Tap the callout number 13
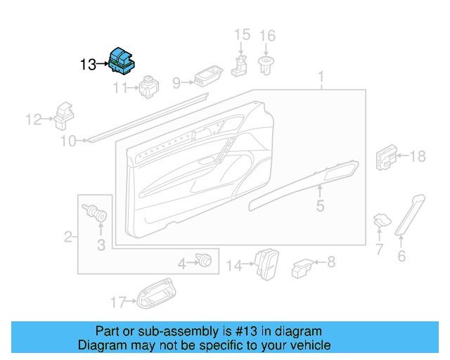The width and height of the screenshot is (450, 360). [x=88, y=65]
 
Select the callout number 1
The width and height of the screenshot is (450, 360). [x=321, y=75]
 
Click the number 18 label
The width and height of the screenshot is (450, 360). [x=418, y=156]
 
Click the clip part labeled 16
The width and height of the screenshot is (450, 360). [x=267, y=66]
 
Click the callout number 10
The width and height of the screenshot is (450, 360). [x=67, y=141]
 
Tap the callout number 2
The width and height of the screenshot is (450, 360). [x=68, y=237]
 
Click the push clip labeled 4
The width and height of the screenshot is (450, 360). [x=205, y=261]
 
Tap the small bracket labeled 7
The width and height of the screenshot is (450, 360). [x=381, y=221]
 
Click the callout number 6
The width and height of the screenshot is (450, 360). [x=401, y=256]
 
